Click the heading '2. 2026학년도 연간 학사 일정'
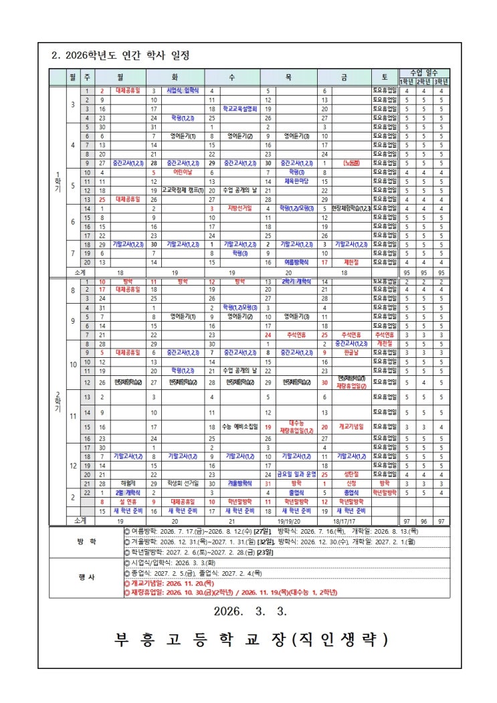tap(120, 55)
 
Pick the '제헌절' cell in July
tap(353, 263)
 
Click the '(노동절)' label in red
tap(353, 163)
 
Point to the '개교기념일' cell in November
tap(353, 427)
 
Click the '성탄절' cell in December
tap(353, 474)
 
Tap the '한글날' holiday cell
tap(353, 352)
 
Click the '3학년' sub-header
tap(441, 82)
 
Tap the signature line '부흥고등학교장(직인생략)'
tap(250, 639)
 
